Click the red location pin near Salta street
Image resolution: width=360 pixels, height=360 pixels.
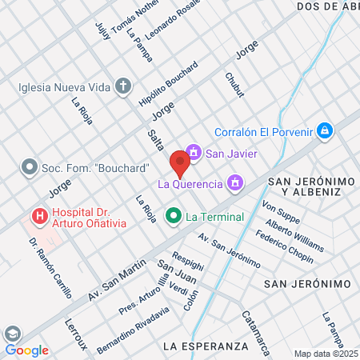pos(180,165)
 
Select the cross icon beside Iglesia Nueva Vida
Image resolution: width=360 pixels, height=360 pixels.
pos(123,86)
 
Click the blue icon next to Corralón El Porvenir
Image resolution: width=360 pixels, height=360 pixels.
pos(324,130)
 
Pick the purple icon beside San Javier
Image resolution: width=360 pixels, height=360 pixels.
pos(193,151)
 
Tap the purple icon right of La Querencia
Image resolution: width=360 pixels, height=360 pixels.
pos(234,184)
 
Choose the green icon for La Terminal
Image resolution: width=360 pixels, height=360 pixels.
pos(172,216)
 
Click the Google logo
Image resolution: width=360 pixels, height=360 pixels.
pos(26,350)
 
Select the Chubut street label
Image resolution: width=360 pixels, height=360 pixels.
pos(234,84)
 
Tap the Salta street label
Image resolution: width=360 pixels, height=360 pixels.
pos(156,141)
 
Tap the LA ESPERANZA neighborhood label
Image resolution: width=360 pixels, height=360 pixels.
pos(205,346)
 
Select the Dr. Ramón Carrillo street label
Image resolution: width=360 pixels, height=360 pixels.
pos(50,267)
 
